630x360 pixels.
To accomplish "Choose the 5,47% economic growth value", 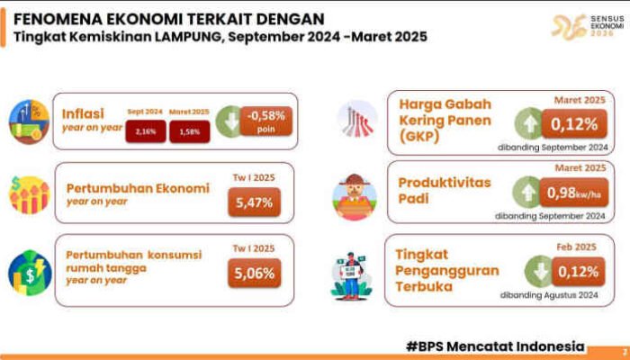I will coord(254,203).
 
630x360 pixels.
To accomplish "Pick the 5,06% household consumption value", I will coord(254,272).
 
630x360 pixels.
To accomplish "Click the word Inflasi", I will coord(80,113).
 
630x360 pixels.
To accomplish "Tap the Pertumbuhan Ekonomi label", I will coord(138,188).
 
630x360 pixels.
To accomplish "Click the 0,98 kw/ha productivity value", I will coord(572,193).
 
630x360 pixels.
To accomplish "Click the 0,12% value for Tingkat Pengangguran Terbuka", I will coord(572,271).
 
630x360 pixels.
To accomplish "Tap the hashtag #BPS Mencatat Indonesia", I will coord(495,346).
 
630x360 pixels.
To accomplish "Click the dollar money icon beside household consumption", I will coord(29,271).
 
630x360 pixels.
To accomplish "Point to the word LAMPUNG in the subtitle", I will coord(168,37).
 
